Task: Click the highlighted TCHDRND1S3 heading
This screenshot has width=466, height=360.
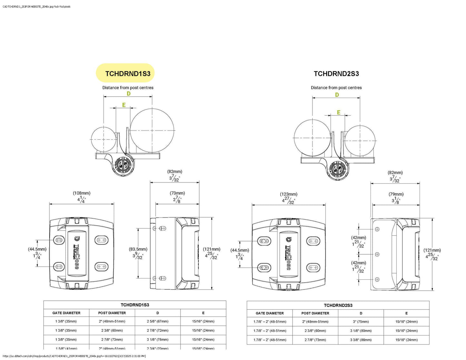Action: (128, 73)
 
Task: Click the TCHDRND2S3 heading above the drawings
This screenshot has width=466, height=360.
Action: (336, 74)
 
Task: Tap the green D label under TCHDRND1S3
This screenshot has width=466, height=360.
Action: (128, 93)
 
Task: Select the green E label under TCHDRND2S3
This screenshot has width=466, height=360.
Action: (339, 112)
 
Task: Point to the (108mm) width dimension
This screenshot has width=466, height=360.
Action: (82, 193)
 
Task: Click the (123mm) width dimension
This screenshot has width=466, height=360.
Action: (289, 194)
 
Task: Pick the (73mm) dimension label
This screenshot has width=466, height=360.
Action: (177, 193)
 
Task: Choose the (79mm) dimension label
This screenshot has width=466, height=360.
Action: (396, 194)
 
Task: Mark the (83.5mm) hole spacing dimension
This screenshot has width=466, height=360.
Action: (138, 249)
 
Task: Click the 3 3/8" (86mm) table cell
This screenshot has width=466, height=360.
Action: (361, 340)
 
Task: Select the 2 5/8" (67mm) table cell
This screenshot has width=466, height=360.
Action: (158, 321)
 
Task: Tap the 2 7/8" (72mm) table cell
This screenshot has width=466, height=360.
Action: (158, 330)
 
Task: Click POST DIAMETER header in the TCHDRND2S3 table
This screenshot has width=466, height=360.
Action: (315, 313)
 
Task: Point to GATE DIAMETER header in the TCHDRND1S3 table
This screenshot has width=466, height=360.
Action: (66, 313)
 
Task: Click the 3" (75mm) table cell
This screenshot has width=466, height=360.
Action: (361, 322)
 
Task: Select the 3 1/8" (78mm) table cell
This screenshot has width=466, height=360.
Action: (158, 339)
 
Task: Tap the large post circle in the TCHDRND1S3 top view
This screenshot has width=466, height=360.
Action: (152, 130)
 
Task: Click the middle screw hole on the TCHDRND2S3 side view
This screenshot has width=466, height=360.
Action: (377, 254)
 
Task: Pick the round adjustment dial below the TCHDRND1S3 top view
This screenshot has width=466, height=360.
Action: (122, 165)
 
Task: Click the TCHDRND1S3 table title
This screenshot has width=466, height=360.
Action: (135, 305)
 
